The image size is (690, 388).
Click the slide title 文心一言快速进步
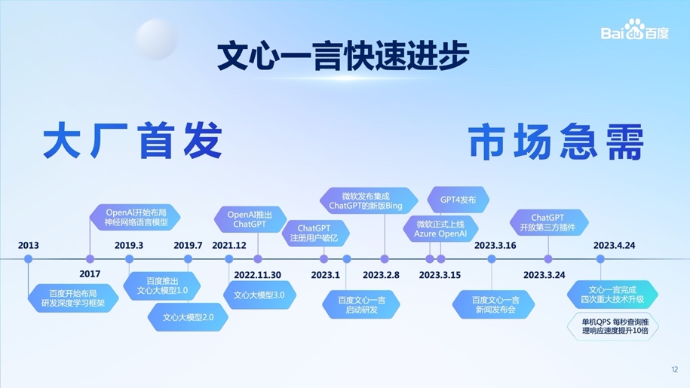click(x=343, y=56)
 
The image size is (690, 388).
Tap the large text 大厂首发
click(x=133, y=141)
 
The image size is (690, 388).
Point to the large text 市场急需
click(x=557, y=142)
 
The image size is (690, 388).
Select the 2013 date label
click(x=28, y=245)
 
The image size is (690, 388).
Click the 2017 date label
click(x=90, y=273)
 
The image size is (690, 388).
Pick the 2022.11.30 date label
click(x=257, y=275)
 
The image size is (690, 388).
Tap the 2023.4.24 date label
click(x=615, y=245)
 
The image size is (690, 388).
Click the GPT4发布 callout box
click(x=458, y=200)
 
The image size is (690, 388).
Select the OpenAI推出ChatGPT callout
click(x=250, y=219)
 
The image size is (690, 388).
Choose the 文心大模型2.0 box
click(x=188, y=317)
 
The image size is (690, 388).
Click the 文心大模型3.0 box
click(x=259, y=295)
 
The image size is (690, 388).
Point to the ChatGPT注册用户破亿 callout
click(x=314, y=234)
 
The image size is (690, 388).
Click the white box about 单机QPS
click(x=612, y=326)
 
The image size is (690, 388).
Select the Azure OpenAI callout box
click(x=440, y=228)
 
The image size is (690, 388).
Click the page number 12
click(x=675, y=370)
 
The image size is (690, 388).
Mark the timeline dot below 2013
click(x=28, y=259)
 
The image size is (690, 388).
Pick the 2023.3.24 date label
click(x=544, y=275)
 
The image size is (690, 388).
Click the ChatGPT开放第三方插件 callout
click(x=548, y=222)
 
